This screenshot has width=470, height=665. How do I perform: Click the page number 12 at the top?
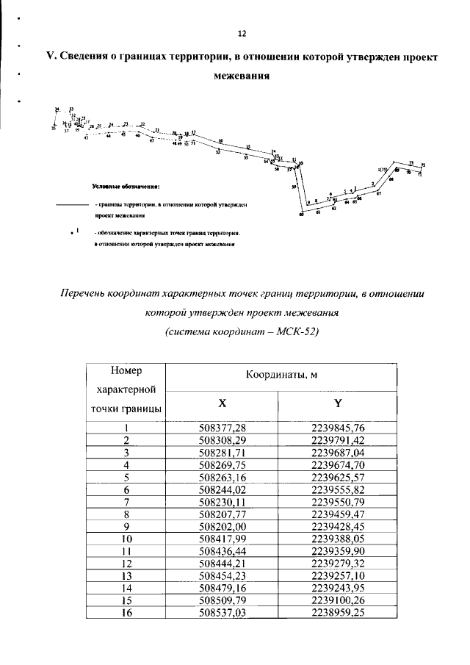(x=242, y=34)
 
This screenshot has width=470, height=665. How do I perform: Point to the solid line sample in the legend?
(x=71, y=204)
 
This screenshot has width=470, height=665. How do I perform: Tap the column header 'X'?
(x=223, y=403)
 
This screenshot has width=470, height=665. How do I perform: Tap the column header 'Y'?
(x=338, y=403)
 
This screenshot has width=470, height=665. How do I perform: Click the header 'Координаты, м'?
(x=281, y=375)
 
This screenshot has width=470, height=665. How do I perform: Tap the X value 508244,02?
(x=223, y=489)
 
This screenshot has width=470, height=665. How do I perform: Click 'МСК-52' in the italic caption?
(x=293, y=331)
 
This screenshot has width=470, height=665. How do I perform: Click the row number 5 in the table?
(x=126, y=476)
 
